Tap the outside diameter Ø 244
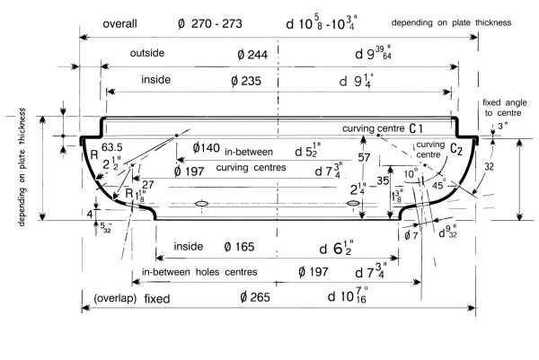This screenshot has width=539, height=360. [x=250, y=55]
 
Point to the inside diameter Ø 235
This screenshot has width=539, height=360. [x=246, y=81]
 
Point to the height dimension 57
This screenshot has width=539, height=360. [x=363, y=158]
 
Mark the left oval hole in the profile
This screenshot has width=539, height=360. [x=201, y=205]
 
